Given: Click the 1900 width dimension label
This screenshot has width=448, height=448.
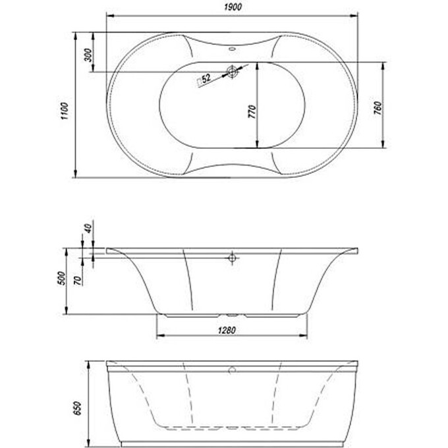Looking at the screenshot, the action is tap(233, 7).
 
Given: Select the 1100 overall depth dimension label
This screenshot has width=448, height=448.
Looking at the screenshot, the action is tap(65, 111).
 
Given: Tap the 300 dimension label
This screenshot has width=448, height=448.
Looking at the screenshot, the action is tap(88, 55).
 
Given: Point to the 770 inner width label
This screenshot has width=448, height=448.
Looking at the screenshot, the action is tap(252, 112).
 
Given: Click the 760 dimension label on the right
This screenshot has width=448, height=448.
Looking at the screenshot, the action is tap(378, 107).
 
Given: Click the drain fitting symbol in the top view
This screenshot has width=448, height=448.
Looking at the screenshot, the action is tap(232, 71).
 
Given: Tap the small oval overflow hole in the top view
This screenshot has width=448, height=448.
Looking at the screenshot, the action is tap(232, 49).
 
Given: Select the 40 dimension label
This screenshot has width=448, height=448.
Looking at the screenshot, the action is tap(88, 228).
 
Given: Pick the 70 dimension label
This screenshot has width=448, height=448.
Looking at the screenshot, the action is tap(78, 281).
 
